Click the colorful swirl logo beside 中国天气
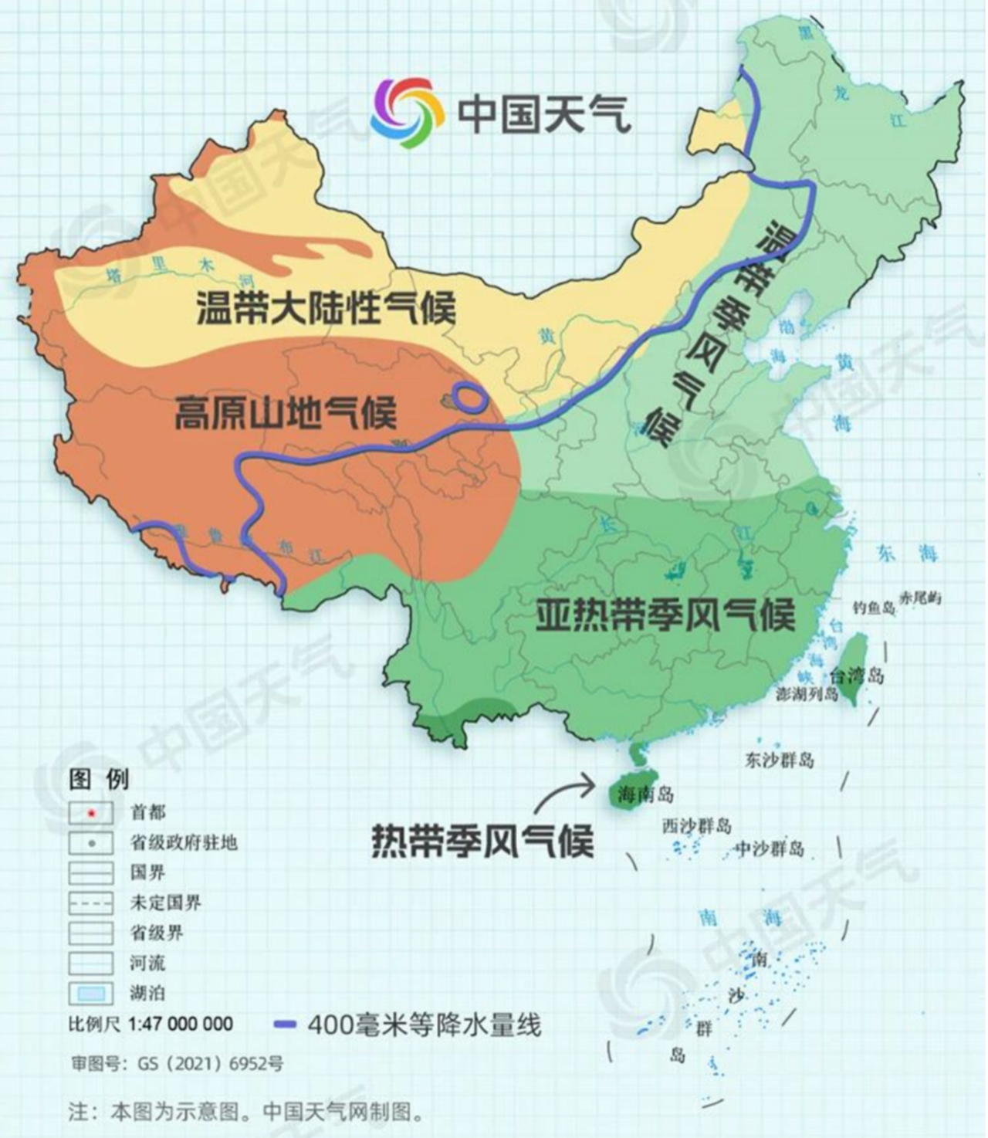point(407,113)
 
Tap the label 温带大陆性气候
point(326,307)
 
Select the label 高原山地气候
point(285,412)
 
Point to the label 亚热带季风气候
point(665,615)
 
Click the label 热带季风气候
point(482,840)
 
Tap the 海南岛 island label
point(645,794)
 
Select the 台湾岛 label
point(857,676)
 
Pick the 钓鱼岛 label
point(874,608)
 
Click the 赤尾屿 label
point(920,598)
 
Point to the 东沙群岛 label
point(779,760)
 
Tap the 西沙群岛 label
point(696,825)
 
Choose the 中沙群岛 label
point(769,848)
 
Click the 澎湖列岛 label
point(807,694)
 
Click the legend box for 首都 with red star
point(91,812)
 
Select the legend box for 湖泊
point(91,993)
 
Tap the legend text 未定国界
point(165,903)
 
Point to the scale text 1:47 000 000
point(181,1024)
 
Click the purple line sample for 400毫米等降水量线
point(285,1025)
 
